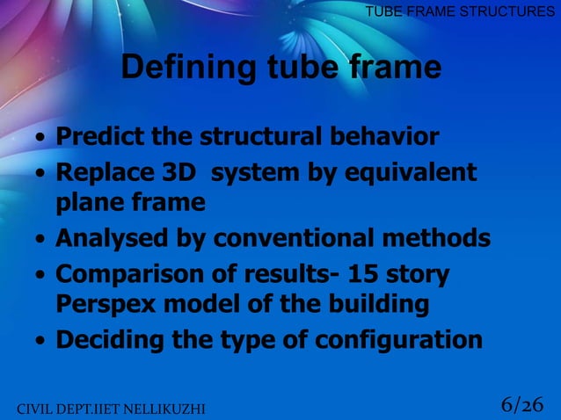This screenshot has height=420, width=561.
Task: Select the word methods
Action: coord(442,238)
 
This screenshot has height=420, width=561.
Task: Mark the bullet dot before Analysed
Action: coord(40,240)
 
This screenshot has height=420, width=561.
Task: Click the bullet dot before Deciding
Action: coord(40,341)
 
